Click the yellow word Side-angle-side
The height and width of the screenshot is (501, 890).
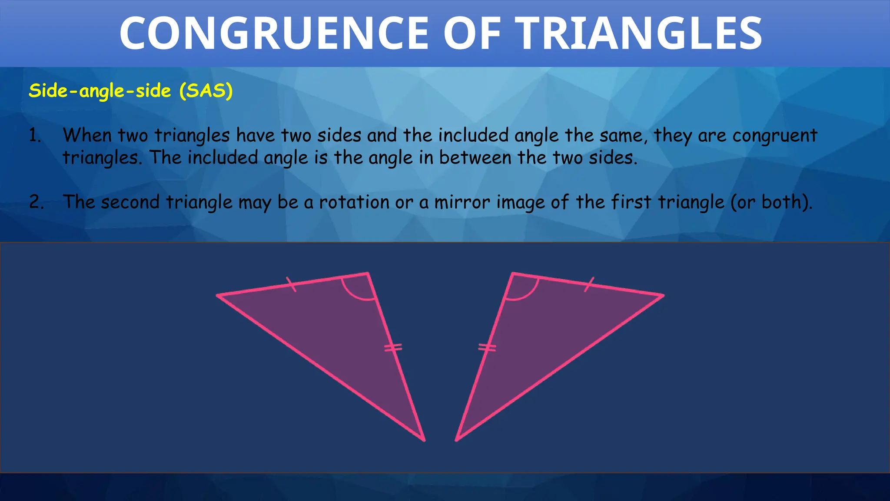tap(100, 91)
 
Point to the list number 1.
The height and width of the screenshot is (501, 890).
tap(35, 136)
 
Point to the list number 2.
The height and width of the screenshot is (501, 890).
tap(36, 202)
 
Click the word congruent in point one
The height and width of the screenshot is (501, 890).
tap(774, 136)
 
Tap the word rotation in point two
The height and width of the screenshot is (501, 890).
tap(354, 202)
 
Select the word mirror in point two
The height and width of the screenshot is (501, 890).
tap(462, 202)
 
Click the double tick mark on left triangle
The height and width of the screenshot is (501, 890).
tap(393, 347)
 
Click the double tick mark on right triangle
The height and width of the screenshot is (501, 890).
tap(487, 347)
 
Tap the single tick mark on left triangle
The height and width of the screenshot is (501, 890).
tap(291, 284)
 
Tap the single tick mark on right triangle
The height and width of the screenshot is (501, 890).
tap(589, 284)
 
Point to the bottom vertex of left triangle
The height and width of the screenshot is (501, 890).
tap(424, 440)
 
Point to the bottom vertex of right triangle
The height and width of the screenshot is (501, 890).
tap(456, 440)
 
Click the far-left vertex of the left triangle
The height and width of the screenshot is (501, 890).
tap(217, 296)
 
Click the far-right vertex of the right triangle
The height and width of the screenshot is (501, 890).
tap(663, 296)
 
